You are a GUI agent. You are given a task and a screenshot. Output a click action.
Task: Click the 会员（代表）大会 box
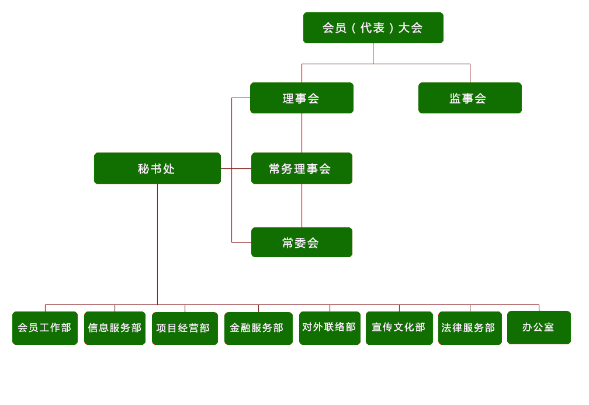373,27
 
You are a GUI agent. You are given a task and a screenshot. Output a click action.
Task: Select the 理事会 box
302,98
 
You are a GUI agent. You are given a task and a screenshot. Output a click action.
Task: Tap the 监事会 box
470,98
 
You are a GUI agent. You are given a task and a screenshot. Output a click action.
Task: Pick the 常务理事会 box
302,168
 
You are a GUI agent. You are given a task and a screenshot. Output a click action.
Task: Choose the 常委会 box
302,242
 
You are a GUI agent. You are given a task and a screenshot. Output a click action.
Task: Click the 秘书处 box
157,168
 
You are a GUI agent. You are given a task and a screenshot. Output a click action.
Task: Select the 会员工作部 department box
45,328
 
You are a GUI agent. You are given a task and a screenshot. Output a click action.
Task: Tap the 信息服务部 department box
115,328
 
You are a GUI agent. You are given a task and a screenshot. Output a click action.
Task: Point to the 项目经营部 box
185,328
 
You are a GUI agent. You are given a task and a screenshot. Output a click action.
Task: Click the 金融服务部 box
258,328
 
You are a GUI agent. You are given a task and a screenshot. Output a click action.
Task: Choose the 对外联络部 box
330,328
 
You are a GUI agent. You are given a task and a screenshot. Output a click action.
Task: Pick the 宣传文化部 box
399,328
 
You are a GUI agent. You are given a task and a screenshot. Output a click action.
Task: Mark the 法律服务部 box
470,328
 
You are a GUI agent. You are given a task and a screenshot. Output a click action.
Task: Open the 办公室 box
539,327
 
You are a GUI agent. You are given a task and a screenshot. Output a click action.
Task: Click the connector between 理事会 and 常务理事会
302,133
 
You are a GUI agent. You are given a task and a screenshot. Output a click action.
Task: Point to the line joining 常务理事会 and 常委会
302,206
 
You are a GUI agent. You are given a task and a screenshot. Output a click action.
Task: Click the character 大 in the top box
404,27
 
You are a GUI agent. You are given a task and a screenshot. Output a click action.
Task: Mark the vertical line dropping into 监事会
470,73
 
